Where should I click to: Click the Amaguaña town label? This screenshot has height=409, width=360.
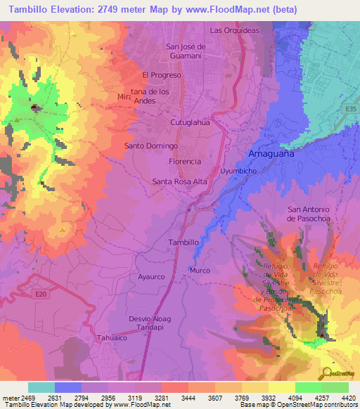271,154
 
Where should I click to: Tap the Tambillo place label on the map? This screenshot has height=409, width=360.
184,242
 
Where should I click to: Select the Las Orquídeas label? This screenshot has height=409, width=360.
235,30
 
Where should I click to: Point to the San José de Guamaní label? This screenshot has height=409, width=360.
185,51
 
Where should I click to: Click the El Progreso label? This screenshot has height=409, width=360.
162,74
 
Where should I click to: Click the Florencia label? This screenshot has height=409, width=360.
185,161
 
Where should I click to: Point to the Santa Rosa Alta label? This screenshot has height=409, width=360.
180,181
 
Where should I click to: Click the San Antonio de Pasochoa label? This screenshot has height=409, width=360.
314,214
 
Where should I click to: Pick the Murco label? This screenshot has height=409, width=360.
200,270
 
